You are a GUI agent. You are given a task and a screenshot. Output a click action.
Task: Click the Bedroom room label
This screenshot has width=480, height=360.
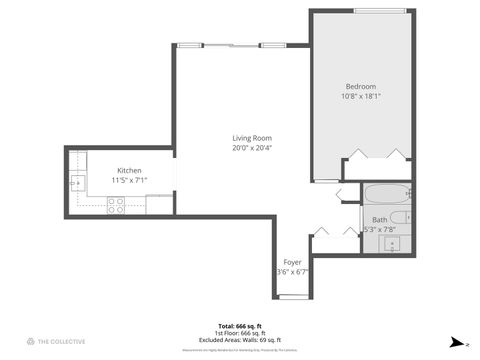click(x=361, y=87)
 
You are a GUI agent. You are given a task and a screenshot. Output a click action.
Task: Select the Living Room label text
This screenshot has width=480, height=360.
click(x=252, y=138)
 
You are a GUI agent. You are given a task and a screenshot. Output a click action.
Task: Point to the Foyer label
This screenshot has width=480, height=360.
click(x=292, y=262)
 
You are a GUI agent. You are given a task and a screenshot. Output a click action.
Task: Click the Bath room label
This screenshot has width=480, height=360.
click(x=380, y=219)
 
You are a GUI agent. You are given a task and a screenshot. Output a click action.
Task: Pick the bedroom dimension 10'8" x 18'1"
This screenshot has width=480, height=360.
click(x=361, y=96)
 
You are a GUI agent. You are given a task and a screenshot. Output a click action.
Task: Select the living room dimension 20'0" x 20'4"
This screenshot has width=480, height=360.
click(x=252, y=148)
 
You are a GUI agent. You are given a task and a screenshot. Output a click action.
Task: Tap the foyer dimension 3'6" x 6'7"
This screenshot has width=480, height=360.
click(x=292, y=271)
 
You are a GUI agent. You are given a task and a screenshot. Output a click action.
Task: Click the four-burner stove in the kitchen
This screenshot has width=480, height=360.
click(x=116, y=205)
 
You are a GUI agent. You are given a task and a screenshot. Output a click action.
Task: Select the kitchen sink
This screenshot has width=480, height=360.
click(x=77, y=183)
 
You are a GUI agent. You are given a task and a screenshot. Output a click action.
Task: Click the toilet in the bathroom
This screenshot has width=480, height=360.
click(x=399, y=217)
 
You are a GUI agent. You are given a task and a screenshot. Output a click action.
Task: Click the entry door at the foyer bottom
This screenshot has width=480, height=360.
click(x=293, y=296)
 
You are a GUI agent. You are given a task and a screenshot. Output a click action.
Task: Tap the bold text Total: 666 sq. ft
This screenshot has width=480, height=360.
click(x=240, y=326)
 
